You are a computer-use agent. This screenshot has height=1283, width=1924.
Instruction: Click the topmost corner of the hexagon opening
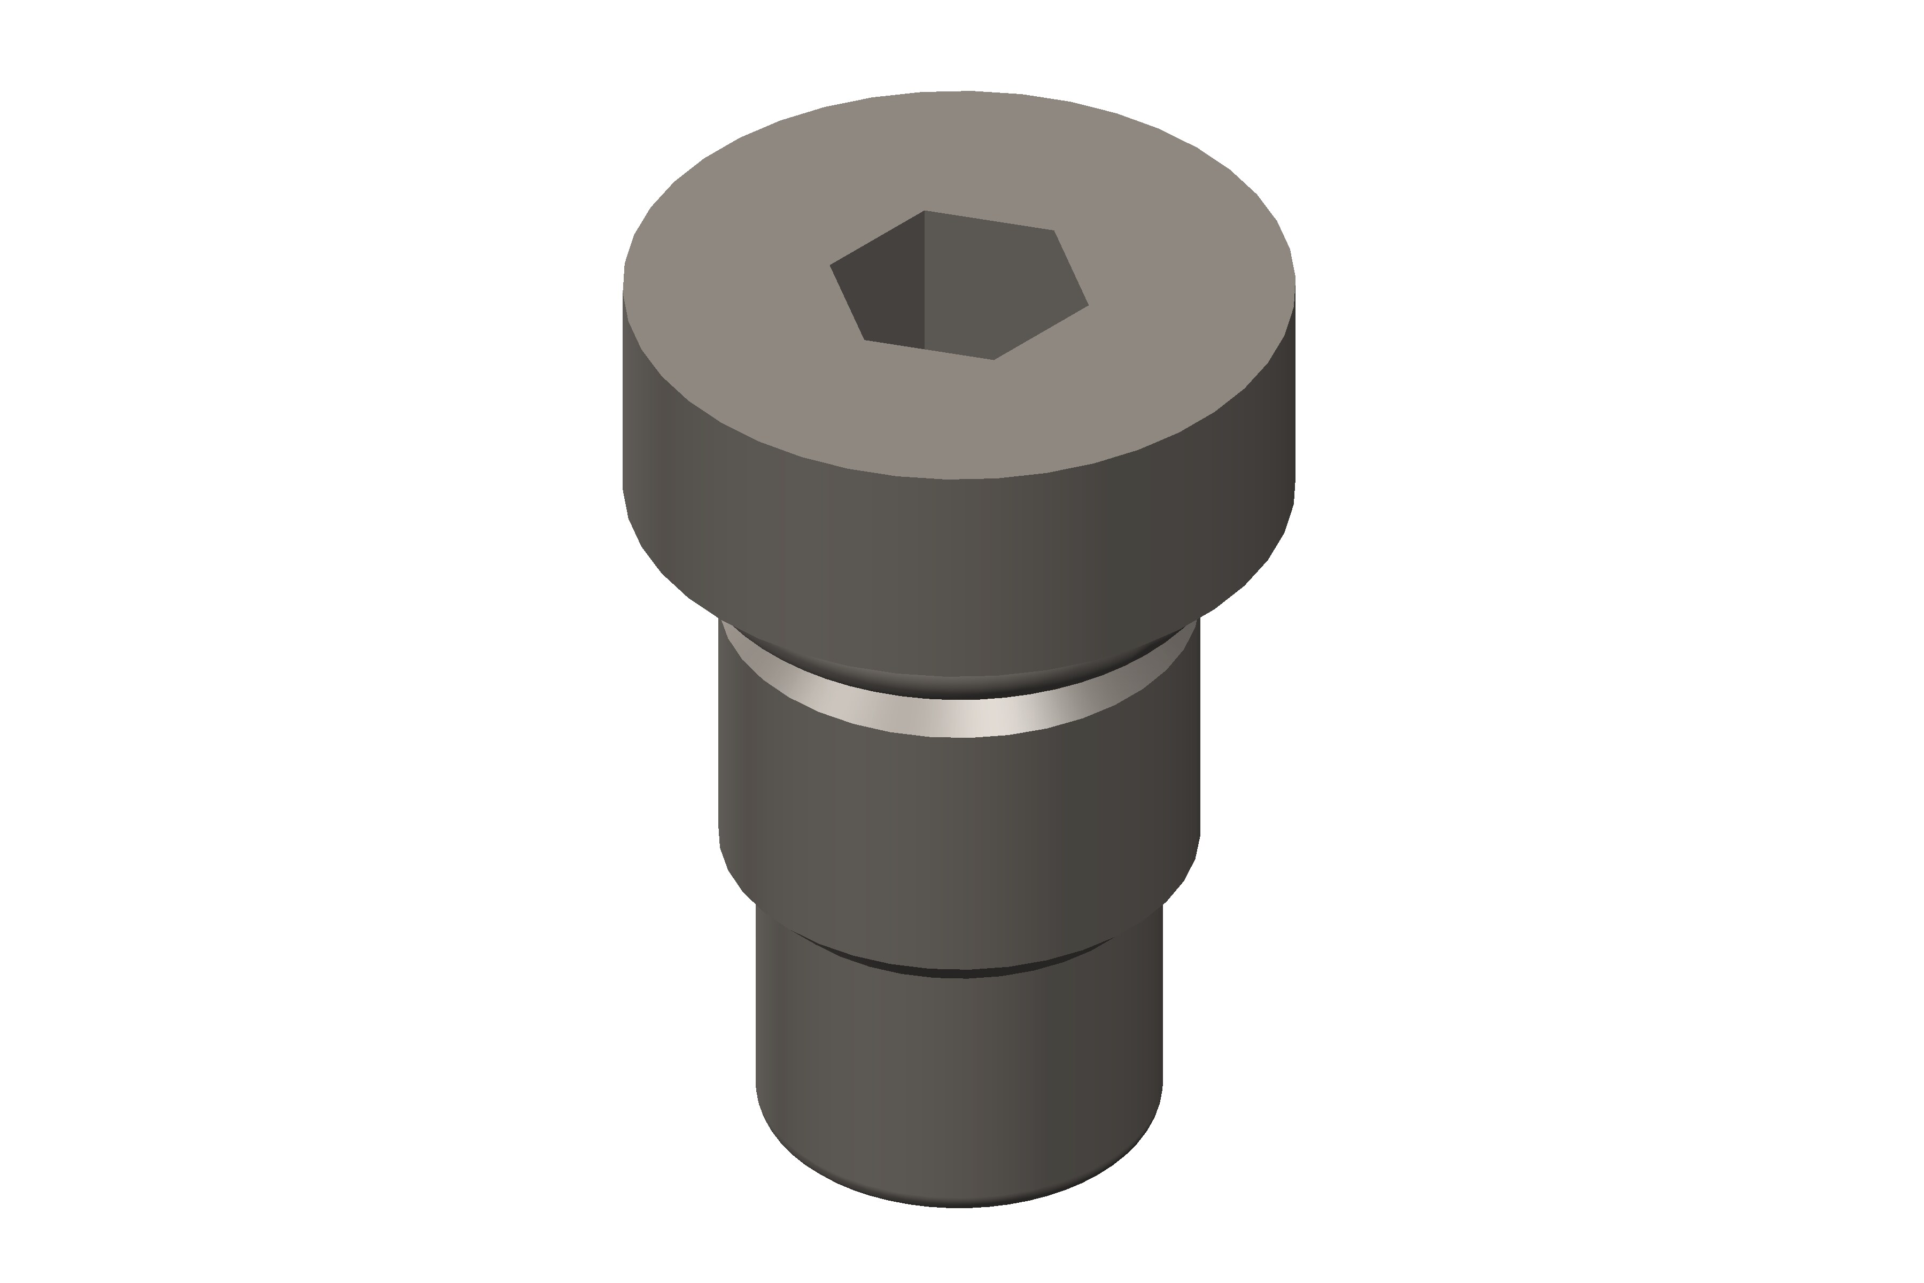pos(925,211)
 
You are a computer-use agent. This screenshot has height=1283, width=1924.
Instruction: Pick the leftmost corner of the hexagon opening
pos(831,265)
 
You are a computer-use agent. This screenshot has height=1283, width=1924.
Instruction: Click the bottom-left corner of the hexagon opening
pos(865,339)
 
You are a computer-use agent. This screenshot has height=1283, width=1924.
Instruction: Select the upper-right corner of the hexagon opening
pos(1053,231)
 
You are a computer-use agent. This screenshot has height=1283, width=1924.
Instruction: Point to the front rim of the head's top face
pos(957,478)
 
